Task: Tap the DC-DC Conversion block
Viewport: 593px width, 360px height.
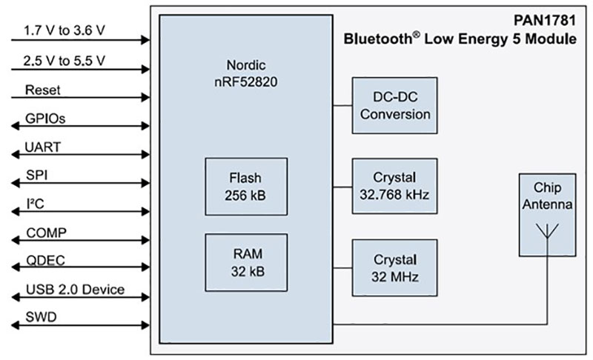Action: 395,105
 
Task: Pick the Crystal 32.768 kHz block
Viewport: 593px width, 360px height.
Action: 395,186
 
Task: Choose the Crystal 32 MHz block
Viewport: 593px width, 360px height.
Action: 395,268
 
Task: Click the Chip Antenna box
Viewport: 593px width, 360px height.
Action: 548,214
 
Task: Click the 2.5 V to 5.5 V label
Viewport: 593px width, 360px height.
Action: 64,60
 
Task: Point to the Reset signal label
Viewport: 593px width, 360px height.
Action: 42,90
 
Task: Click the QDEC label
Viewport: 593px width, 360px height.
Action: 45,261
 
